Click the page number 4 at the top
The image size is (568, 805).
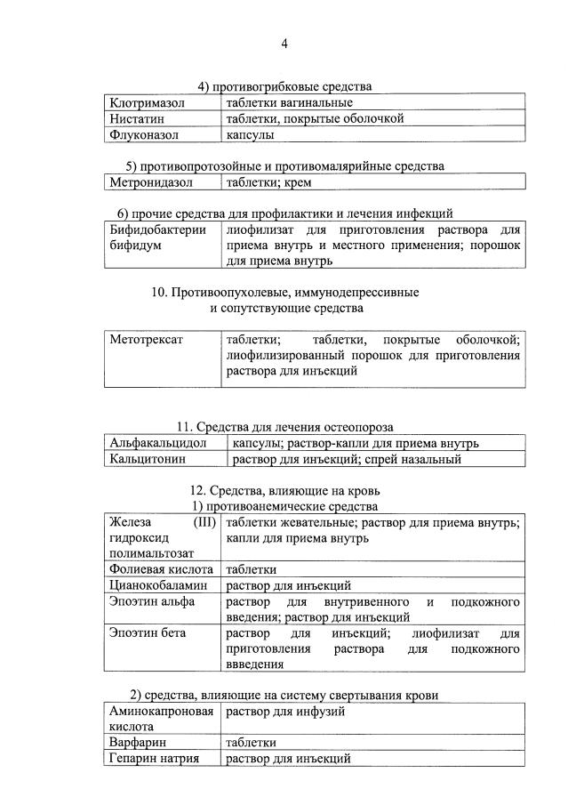[284, 44]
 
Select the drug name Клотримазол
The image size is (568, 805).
[147, 103]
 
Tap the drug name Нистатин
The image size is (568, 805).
[137, 118]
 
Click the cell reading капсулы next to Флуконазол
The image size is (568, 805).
[250, 135]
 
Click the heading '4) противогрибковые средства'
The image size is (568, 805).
[284, 86]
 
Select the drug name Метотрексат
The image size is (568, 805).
[146, 339]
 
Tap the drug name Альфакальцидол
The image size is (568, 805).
[158, 443]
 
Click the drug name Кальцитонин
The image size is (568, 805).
[148, 460]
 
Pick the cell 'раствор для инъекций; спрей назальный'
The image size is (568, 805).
[346, 460]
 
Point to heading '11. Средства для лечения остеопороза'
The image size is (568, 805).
[284, 427]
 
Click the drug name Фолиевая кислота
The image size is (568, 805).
[161, 569]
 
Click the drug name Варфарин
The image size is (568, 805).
[139, 742]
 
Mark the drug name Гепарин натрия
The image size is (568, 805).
[154, 758]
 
